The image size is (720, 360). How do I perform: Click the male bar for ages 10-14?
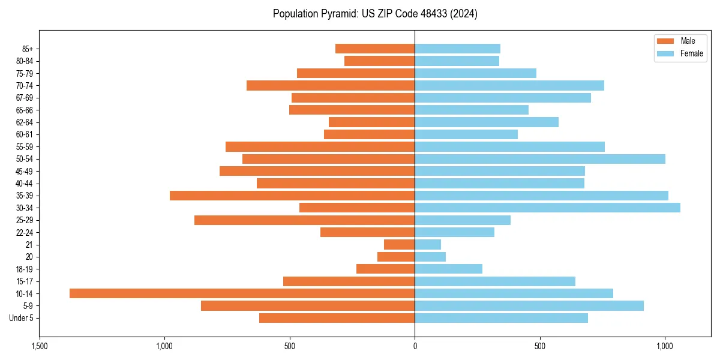pyautogui.click(x=242, y=293)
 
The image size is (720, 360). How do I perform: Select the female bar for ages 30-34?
pyautogui.click(x=547, y=208)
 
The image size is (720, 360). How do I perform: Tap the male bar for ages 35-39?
pyautogui.click(x=292, y=196)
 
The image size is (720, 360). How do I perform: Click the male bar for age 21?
pyautogui.click(x=399, y=244)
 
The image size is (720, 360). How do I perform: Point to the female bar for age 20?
pyautogui.click(x=430, y=257)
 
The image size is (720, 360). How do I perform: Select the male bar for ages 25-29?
pyautogui.click(x=304, y=220)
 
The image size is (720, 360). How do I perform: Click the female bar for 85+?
pyautogui.click(x=457, y=49)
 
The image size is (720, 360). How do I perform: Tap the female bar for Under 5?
pyautogui.click(x=501, y=318)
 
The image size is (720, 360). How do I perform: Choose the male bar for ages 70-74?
pyautogui.click(x=331, y=85)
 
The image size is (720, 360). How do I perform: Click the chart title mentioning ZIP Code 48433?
pyautogui.click(x=375, y=14)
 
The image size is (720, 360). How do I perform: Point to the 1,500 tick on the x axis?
pyautogui.click(x=40, y=347)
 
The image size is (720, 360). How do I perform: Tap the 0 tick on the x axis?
pyautogui.click(x=415, y=347)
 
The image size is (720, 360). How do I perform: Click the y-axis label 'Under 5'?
pyautogui.click(x=21, y=318)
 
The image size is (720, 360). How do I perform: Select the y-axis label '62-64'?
pyautogui.click(x=25, y=122)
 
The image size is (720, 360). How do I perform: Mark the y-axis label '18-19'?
pyautogui.click(x=25, y=269)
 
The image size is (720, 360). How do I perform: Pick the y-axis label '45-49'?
pyautogui.click(x=25, y=171)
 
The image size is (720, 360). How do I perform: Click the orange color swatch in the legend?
pyautogui.click(x=665, y=41)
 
